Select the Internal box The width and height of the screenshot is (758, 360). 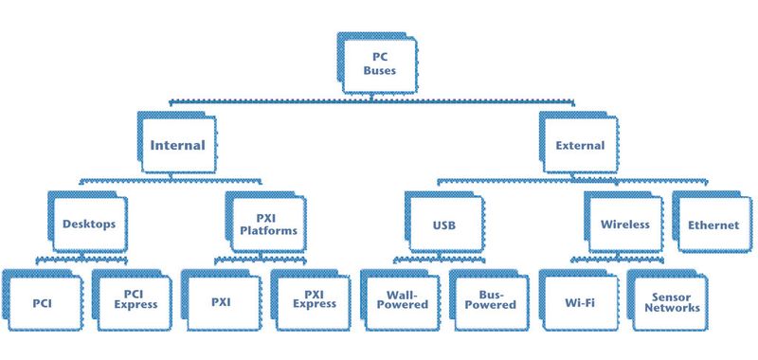coord(177,145)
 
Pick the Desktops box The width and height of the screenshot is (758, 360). coord(88,225)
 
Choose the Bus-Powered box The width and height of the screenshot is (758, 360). coord(489,299)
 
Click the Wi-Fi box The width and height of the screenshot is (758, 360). coord(578,299)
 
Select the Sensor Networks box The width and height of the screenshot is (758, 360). coord(668,299)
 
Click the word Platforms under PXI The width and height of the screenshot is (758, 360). coord(267,231)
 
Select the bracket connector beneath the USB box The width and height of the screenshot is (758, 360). coord(444,260)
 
